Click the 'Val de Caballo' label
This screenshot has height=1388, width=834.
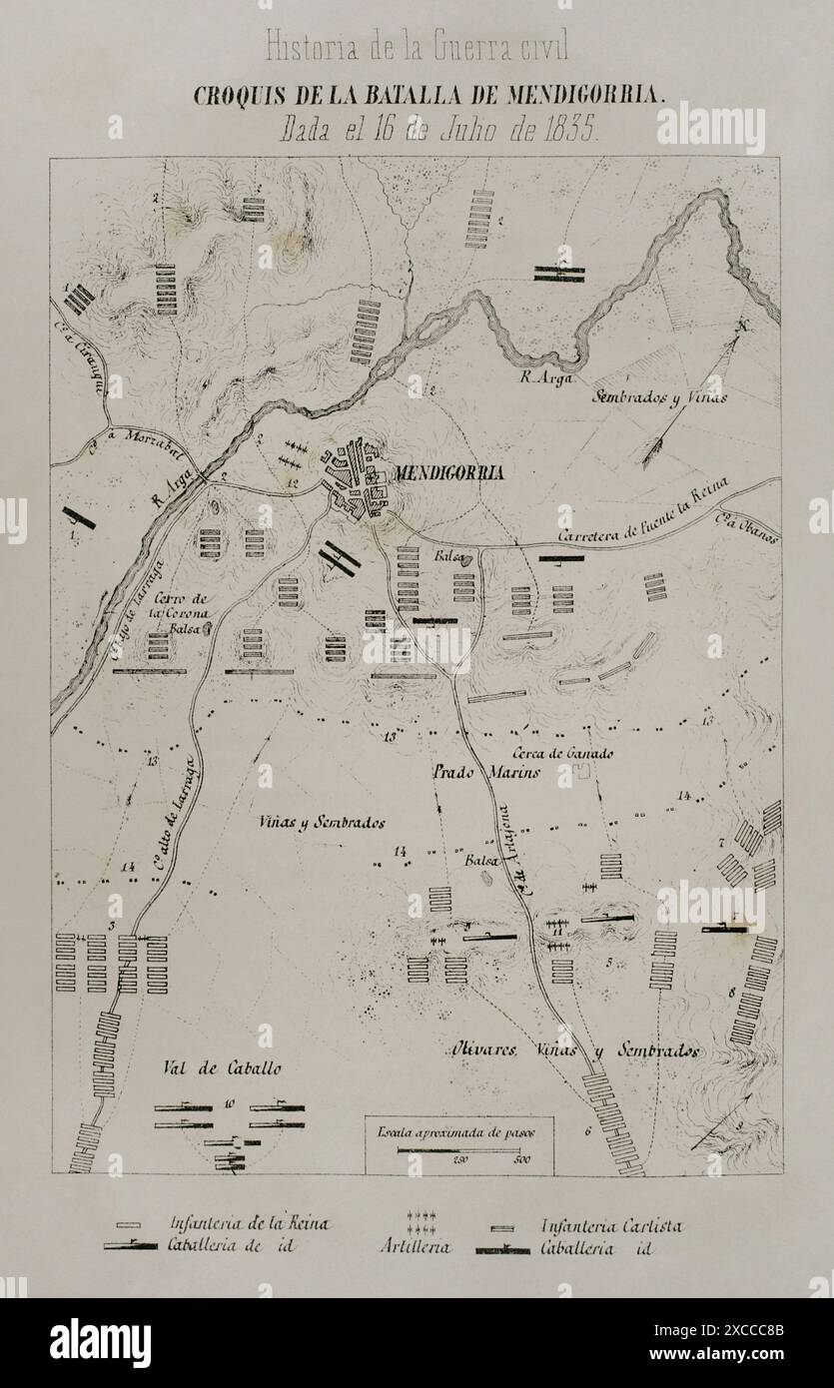point(221,1067)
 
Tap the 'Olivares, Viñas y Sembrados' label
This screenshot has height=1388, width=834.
point(571,1051)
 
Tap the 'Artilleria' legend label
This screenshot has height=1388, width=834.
point(416,1247)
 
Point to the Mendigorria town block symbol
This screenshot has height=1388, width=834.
point(358,477)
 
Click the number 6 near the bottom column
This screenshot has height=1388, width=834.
point(588,1131)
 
